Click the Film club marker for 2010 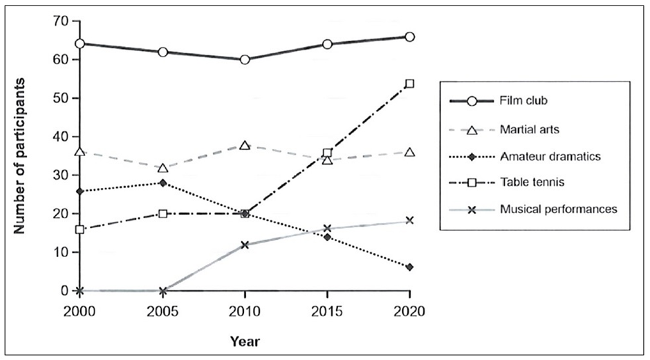click(245, 59)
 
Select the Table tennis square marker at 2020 click(409, 84)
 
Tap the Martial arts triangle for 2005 click(162, 168)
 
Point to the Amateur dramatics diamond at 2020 click(409, 267)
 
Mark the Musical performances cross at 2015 click(327, 229)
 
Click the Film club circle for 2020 click(409, 37)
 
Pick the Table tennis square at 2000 click(80, 229)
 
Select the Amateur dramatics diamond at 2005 click(162, 183)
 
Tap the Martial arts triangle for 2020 click(409, 152)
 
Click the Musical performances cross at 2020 click(409, 220)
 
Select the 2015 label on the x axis click(327, 311)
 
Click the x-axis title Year click(245, 340)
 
